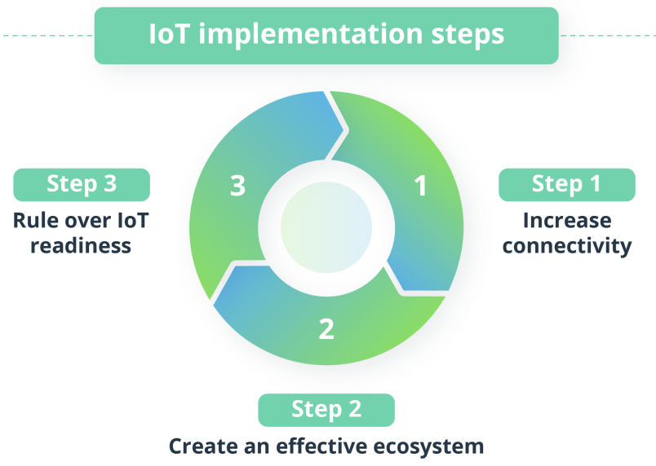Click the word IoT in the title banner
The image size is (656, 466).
(169, 33)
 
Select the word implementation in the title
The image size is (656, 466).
(310, 35)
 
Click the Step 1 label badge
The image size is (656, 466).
(567, 185)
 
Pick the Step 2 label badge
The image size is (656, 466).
(326, 410)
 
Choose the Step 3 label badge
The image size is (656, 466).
(82, 185)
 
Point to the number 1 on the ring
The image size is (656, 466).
(420, 186)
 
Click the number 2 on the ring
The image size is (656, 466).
(326, 329)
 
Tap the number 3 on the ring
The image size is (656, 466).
(237, 186)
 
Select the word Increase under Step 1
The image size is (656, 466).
(567, 221)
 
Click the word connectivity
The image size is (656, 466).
(567, 245)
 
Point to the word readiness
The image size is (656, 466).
(81, 245)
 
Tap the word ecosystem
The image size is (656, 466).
(428, 446)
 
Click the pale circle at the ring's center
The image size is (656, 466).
(326, 227)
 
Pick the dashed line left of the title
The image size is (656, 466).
(47, 36)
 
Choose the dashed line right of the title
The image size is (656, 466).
(608, 36)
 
